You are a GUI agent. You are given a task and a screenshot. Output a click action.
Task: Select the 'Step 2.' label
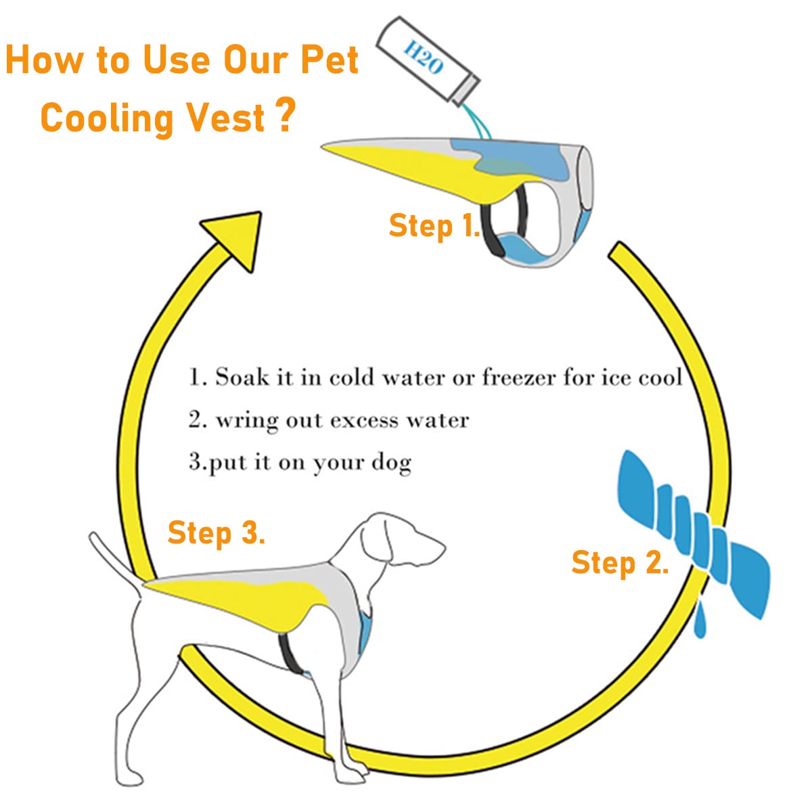click(x=620, y=563)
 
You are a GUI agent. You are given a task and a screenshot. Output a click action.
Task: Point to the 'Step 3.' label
click(x=216, y=533)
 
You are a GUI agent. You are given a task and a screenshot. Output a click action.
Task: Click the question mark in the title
click(x=286, y=115)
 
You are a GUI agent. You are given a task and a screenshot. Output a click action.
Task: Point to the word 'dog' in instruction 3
click(x=391, y=464)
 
